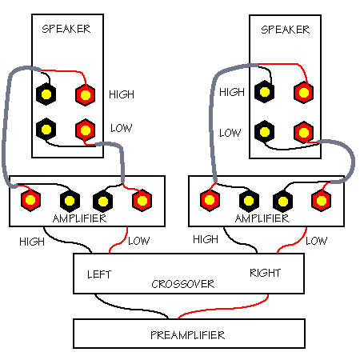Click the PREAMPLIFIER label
(188, 335)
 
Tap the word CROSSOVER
(183, 284)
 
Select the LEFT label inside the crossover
(99, 274)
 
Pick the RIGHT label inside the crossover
(265, 273)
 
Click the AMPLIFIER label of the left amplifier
(79, 218)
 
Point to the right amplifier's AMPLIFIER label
(262, 218)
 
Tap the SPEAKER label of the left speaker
(66, 29)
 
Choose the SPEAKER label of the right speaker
(286, 30)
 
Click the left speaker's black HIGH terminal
(46, 94)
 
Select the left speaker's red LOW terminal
(86, 130)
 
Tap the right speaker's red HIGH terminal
(303, 93)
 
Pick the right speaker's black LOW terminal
(264, 131)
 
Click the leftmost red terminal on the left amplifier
(30, 200)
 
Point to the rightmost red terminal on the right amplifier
(321, 200)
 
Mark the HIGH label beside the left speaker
(122, 94)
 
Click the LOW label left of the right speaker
(230, 133)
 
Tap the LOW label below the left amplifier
(138, 241)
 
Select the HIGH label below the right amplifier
(206, 239)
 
